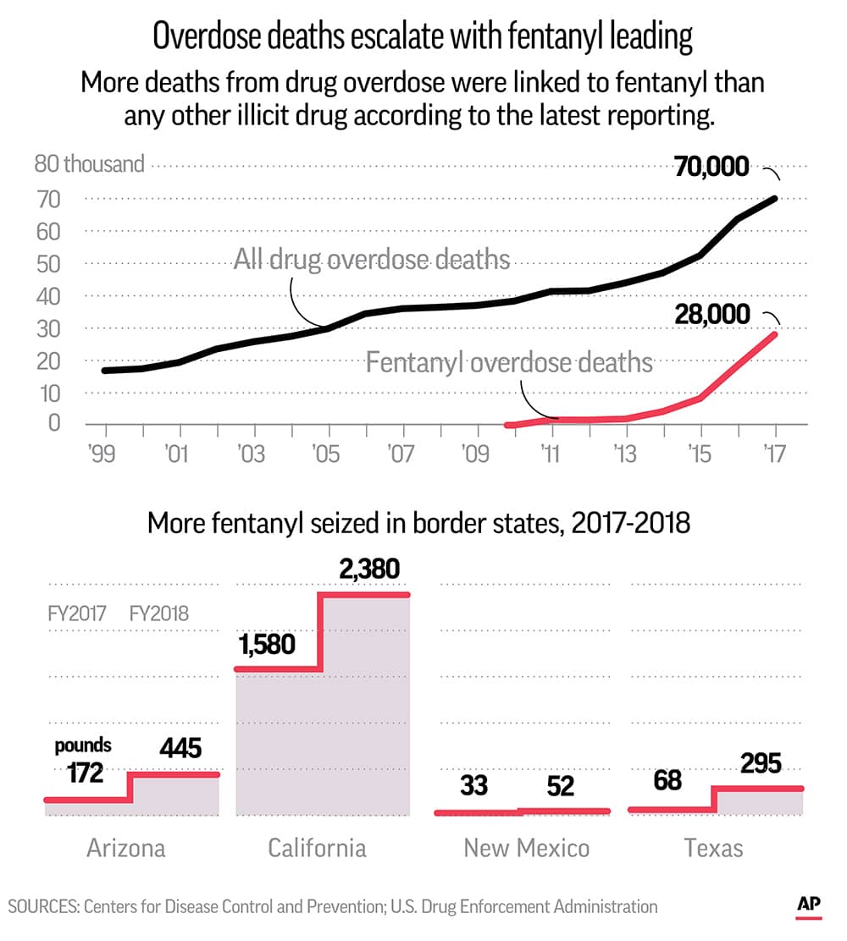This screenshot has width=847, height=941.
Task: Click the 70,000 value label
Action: [x=711, y=167]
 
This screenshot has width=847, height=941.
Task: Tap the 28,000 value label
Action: [x=711, y=315]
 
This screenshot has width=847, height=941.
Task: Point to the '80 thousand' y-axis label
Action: [x=89, y=163]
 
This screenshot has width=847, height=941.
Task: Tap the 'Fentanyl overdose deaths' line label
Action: [x=509, y=362]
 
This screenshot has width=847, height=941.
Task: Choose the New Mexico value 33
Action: [x=474, y=785]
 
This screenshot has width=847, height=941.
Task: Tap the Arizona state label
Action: [x=126, y=847]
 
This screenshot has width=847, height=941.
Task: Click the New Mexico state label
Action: [x=526, y=847]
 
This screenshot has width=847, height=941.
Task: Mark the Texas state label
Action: [x=714, y=847]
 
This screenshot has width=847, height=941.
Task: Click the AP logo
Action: [x=809, y=905]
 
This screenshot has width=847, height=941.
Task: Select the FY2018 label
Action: [x=159, y=613]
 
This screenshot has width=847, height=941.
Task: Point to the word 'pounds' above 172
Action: [x=83, y=746]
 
